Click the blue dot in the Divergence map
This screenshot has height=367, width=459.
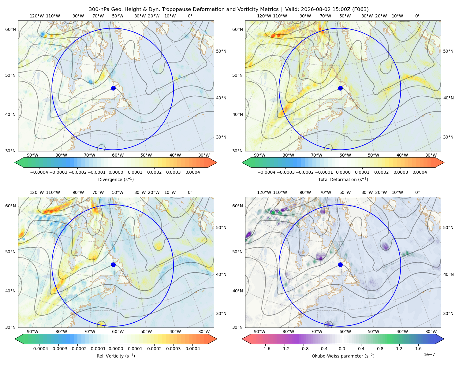113,88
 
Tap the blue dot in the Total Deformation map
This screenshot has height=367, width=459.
340,88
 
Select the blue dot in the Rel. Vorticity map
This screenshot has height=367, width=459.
113,265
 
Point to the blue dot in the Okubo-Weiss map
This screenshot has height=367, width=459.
340,265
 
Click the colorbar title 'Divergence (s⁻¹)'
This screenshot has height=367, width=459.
116,179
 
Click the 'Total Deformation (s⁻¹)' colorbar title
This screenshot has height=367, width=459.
343,179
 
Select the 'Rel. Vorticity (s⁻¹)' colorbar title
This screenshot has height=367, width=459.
116,356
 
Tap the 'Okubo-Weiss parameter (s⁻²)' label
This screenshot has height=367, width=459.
343,356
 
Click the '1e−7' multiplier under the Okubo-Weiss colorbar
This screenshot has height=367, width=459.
429,354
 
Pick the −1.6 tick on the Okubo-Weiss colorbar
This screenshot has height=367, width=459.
265,348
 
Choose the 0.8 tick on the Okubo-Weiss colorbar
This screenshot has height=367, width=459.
380,348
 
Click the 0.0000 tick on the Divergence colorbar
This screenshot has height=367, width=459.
116,172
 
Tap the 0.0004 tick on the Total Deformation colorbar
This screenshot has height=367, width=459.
420,172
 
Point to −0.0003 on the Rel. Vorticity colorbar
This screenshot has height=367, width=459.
58,348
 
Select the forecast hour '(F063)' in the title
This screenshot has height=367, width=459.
360,9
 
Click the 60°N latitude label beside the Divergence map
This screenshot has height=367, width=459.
10,29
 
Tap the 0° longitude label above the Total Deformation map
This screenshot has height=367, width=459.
417,16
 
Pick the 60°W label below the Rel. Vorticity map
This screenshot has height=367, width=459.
118,332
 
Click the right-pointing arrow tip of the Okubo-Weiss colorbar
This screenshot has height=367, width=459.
444,339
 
